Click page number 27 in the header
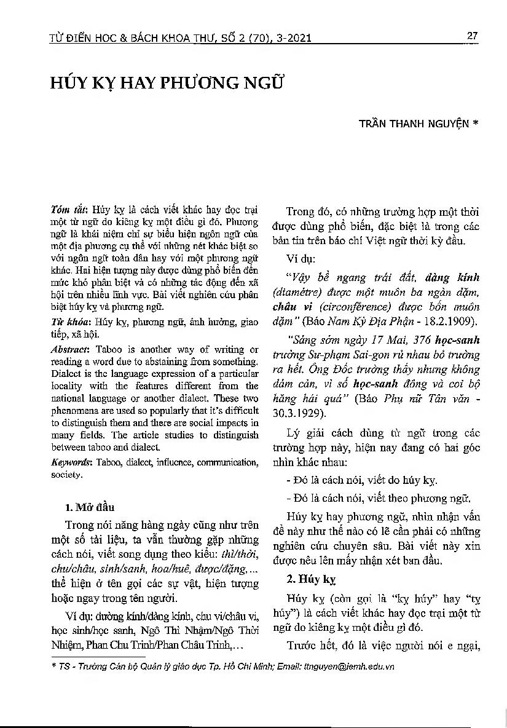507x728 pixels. click(472, 36)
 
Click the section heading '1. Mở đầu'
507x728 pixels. click(89, 507)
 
